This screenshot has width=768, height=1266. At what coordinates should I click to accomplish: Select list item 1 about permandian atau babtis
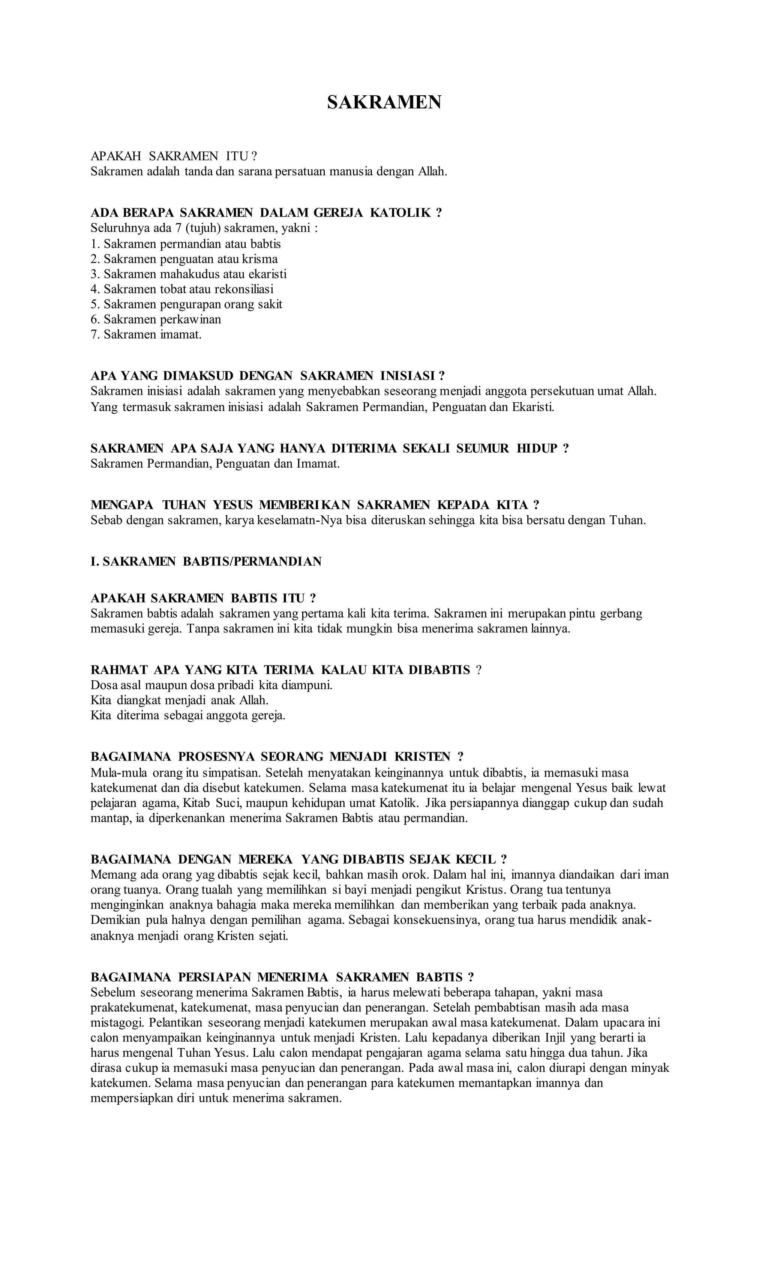[186, 244]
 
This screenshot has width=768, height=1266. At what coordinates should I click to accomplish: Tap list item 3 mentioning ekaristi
[188, 274]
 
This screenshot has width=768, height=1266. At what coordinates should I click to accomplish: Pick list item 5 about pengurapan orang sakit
[186, 304]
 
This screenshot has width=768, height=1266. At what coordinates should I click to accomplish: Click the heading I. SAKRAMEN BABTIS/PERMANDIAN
[206, 561]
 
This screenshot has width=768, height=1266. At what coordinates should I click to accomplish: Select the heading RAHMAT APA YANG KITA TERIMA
[285, 670]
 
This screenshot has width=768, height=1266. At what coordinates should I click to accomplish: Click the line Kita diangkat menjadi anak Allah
[180, 700]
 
